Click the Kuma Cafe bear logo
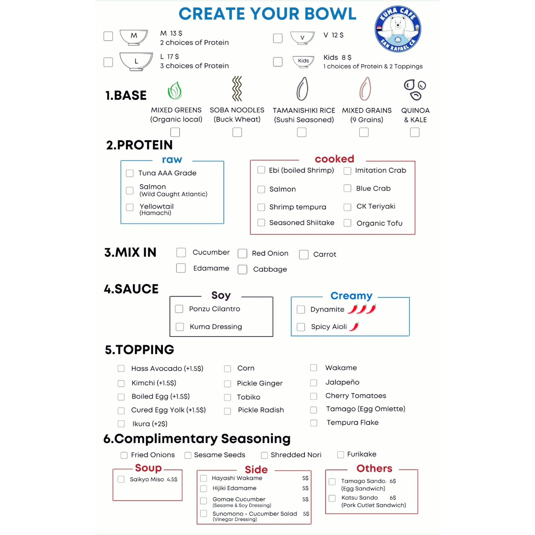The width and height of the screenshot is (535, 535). point(398,29)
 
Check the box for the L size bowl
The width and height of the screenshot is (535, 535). point(108,62)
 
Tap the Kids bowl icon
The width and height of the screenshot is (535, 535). point(303,61)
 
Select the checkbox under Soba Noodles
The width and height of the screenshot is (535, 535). point(237,132)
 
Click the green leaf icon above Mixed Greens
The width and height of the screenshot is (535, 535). point(175,90)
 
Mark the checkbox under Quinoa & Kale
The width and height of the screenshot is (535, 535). point(415,132)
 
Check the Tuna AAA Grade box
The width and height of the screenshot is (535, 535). point(130,173)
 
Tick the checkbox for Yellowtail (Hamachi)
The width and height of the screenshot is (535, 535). point(130,207)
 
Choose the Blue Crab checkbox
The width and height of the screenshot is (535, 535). point(347,188)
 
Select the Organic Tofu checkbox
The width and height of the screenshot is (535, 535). point(347,223)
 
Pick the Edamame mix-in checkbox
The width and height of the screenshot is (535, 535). point(181,268)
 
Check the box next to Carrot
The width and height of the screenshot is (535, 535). point(304,254)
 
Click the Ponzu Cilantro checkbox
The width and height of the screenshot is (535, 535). point(179,309)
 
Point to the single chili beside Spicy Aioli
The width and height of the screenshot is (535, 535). point(354,327)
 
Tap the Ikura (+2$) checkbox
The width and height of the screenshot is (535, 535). point(121,424)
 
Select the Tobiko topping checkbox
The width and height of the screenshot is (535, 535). point(228,397)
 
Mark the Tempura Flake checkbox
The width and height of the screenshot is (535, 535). point(314,423)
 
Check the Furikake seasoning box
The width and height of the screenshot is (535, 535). point(341,455)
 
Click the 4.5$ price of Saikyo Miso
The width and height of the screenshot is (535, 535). point(172,479)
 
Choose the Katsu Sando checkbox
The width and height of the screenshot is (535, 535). point(332,498)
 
